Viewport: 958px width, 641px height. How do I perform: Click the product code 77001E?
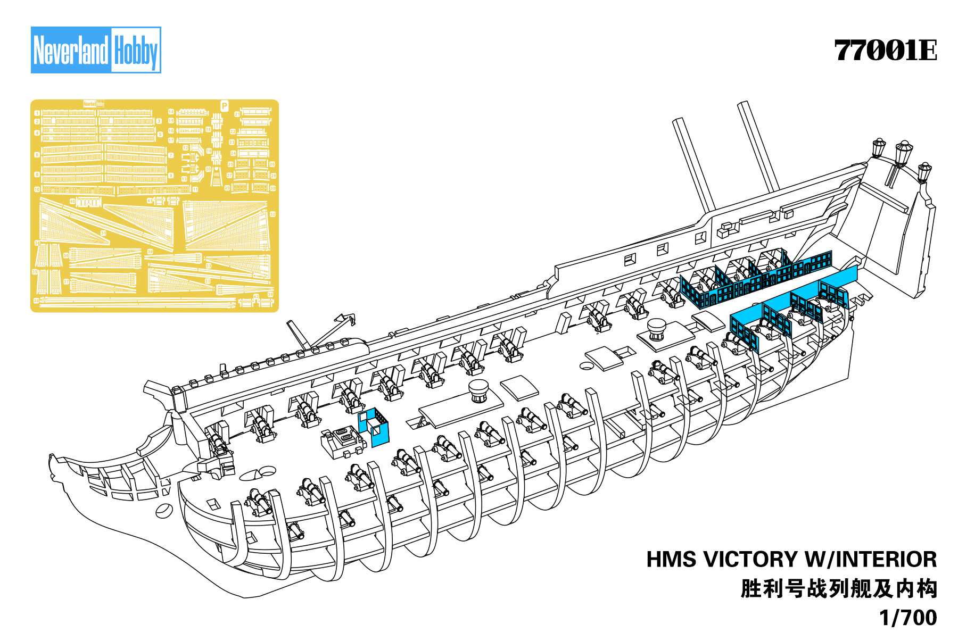(x=885, y=51)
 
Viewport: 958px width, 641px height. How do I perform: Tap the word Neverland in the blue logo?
(x=71, y=51)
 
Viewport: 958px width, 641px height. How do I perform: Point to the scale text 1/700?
(x=908, y=618)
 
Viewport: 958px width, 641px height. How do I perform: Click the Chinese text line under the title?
(x=838, y=589)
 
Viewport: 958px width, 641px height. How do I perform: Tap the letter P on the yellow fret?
(x=224, y=106)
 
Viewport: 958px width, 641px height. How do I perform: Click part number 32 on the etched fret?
(x=272, y=214)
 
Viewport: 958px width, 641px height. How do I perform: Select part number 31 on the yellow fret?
(x=104, y=233)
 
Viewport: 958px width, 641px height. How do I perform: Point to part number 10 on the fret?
(x=37, y=189)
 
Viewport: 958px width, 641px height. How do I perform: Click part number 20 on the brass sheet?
(x=209, y=169)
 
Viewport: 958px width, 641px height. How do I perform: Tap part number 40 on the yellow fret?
(x=72, y=202)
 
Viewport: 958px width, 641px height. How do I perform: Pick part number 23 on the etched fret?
(x=232, y=142)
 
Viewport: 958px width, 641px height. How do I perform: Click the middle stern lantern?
(x=903, y=152)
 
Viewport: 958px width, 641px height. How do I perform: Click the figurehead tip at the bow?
(x=52, y=459)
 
